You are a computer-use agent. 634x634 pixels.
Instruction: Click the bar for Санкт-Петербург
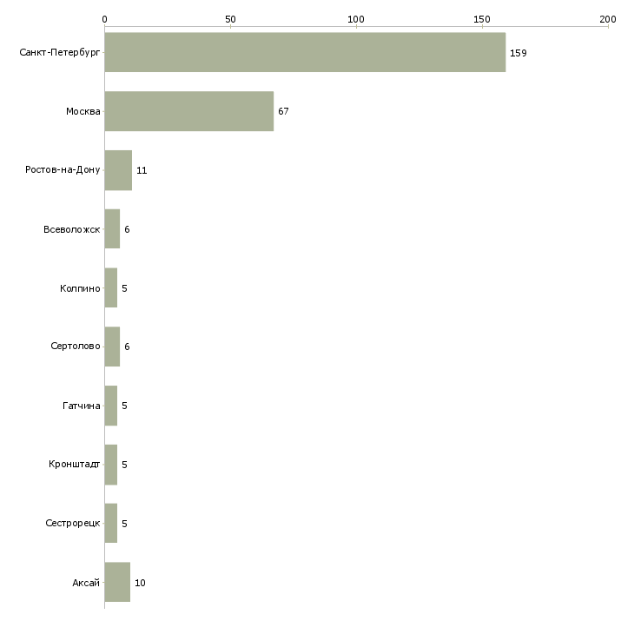point(305,52)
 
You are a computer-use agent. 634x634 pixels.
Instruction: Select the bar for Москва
point(189,111)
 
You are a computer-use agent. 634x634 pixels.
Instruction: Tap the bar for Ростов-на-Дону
point(118,170)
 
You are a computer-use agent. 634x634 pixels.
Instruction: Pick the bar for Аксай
point(117,582)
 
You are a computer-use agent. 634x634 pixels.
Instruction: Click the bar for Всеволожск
point(112,229)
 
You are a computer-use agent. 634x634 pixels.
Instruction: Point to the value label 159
point(518,53)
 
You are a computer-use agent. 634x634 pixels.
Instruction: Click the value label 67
point(283,112)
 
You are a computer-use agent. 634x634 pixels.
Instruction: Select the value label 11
point(142,171)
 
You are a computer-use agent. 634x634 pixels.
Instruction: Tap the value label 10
point(140,583)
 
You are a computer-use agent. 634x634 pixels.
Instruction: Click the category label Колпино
point(80,288)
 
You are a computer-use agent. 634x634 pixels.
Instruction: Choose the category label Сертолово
point(76,347)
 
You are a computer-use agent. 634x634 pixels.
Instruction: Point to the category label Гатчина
point(82,406)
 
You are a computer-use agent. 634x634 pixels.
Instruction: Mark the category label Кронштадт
point(75,465)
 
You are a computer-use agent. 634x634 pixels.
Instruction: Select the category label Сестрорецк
point(73,524)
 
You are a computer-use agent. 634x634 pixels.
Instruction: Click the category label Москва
point(83,112)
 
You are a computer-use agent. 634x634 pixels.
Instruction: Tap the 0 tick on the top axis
point(104,18)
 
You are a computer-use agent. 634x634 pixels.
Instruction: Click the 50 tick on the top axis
point(230,18)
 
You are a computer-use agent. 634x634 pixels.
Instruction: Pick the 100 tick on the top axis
point(356,18)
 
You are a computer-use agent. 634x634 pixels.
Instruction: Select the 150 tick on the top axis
point(482,18)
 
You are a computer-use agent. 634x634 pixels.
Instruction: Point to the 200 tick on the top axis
point(608,18)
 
